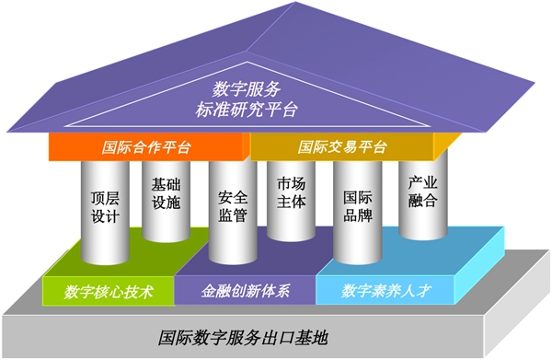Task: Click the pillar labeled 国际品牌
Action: point(357,207)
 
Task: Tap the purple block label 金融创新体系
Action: point(246,292)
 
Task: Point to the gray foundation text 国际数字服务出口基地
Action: point(246,337)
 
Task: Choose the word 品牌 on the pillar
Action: point(357,217)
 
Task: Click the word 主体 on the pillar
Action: point(291,203)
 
